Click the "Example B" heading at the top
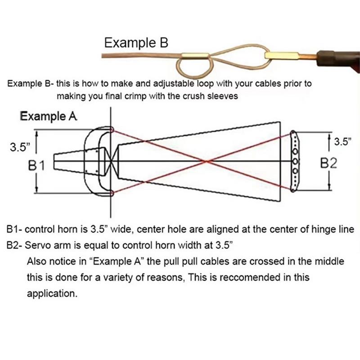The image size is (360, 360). [x=136, y=43]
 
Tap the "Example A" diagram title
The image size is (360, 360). [x=49, y=116]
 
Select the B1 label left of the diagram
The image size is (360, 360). [x=36, y=165]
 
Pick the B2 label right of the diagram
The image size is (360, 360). [x=329, y=163]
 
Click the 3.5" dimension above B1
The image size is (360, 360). [x=20, y=147]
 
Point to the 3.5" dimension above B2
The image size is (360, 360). [x=342, y=142]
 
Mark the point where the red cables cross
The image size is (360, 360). [x=207, y=162]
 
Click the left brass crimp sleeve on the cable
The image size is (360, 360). [x=195, y=55]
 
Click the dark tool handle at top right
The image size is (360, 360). [x=338, y=60]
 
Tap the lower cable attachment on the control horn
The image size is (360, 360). [x=112, y=193]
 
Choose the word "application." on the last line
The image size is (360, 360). [x=52, y=294]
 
